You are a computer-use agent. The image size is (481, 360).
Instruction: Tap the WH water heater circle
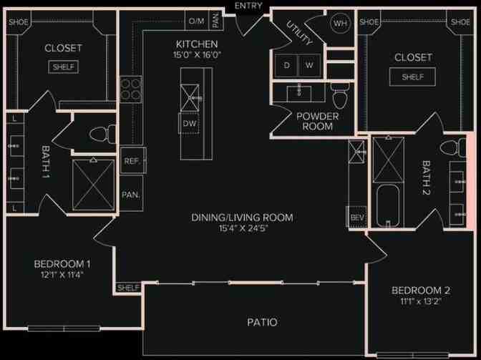click(x=339, y=22)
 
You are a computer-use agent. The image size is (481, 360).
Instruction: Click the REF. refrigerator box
click(x=131, y=161)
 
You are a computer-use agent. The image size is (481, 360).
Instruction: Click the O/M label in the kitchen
click(x=196, y=21)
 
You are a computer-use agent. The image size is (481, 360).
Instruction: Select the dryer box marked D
click(x=287, y=65)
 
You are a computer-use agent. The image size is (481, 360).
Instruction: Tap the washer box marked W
click(x=309, y=65)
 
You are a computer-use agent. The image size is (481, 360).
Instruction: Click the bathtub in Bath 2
click(x=387, y=205)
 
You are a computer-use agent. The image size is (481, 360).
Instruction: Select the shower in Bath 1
click(x=93, y=185)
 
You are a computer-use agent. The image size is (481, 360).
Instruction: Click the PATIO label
click(x=263, y=322)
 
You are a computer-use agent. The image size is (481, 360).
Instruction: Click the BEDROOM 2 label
click(x=420, y=290)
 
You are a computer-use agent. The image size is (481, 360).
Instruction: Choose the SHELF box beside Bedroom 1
click(x=128, y=287)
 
